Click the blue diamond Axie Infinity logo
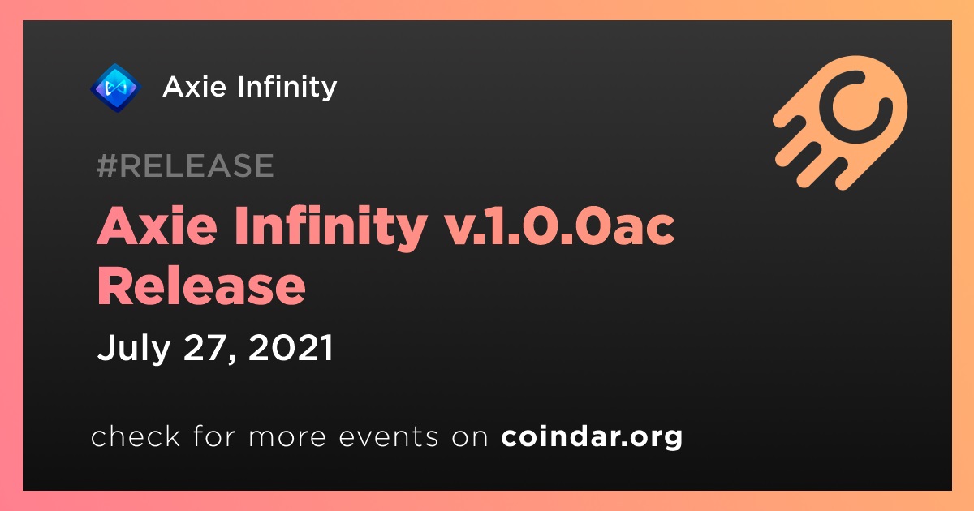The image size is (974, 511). pos(115,88)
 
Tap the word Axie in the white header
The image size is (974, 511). pos(194,87)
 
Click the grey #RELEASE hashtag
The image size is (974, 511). pos(185,165)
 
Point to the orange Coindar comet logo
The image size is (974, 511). pos(841,123)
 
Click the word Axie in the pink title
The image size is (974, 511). pos(157,226)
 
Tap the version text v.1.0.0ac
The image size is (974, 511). pos(561,227)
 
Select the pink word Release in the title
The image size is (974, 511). pos(201,287)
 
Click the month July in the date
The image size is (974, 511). pos(134,349)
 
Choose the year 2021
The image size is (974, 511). pos(291,348)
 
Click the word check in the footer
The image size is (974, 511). pos(136,436)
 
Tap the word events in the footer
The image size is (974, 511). pos(388,436)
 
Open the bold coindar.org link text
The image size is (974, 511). pos(592,436)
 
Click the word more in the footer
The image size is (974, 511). pos(287,436)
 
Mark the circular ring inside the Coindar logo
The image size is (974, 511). pos(855,107)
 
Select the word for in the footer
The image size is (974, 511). pos(215,436)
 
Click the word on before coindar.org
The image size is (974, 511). pos(470,437)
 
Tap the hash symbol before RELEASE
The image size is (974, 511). pos(106,165)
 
